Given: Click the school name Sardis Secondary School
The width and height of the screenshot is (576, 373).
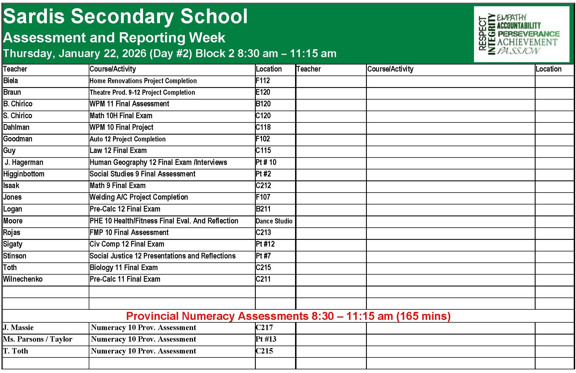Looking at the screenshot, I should pyautogui.click(x=125, y=16).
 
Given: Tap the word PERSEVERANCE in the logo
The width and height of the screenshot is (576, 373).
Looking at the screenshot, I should pyautogui.click(x=529, y=34).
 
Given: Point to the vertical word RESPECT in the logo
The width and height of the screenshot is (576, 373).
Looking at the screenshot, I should pyautogui.click(x=482, y=33).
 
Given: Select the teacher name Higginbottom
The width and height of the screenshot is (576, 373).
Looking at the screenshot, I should pyautogui.click(x=24, y=174).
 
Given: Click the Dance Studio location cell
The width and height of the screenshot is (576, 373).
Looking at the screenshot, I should pyautogui.click(x=274, y=221).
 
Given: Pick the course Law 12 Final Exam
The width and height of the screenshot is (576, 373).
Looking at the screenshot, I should pyautogui.click(x=118, y=150).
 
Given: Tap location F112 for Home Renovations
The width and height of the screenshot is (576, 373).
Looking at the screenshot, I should pyautogui.click(x=263, y=81).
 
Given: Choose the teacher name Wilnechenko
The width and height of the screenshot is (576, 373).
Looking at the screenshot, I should pyautogui.click(x=23, y=279).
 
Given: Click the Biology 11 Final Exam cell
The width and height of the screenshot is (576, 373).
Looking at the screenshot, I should pyautogui.click(x=124, y=268).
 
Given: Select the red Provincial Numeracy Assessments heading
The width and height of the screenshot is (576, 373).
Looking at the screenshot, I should pyautogui.click(x=288, y=316).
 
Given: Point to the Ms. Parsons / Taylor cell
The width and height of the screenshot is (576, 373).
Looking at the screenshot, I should pyautogui.click(x=38, y=339).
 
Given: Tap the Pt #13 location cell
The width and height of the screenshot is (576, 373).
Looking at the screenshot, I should pyautogui.click(x=266, y=339).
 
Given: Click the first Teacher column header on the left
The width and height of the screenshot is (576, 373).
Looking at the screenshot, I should pyautogui.click(x=15, y=69).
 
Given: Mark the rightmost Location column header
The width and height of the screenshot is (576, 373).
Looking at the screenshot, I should pyautogui.click(x=548, y=69).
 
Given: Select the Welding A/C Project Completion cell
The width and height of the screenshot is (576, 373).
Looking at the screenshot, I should pyautogui.click(x=139, y=197).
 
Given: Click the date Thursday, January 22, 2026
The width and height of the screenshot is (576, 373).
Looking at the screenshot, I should pyautogui.click(x=75, y=53).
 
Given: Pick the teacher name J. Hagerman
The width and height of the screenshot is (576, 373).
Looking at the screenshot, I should pyautogui.click(x=24, y=162).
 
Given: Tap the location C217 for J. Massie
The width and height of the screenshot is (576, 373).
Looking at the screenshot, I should pyautogui.click(x=264, y=327).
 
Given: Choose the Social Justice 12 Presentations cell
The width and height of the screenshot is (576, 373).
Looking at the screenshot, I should pyautogui.click(x=163, y=256).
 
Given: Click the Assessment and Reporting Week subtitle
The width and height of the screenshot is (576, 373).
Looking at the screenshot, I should pyautogui.click(x=114, y=38).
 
